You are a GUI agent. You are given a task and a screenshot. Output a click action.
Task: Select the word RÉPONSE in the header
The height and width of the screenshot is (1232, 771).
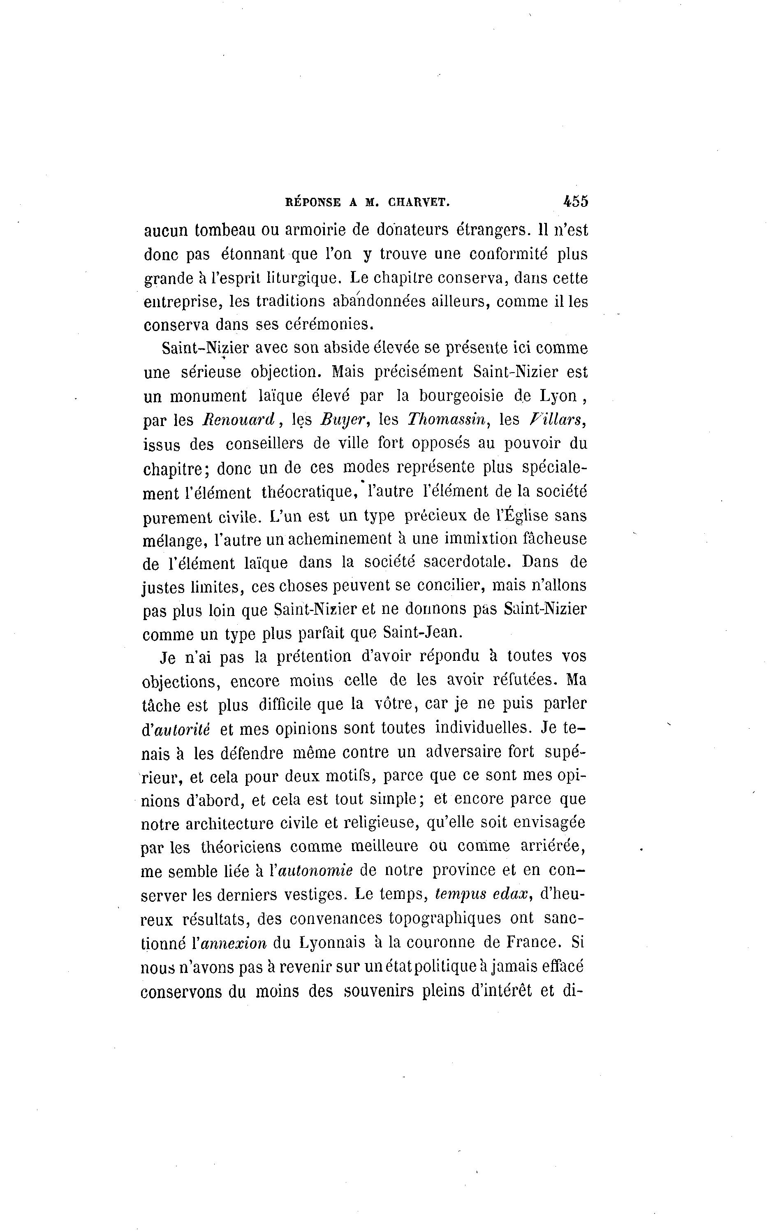pos(312,202)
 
